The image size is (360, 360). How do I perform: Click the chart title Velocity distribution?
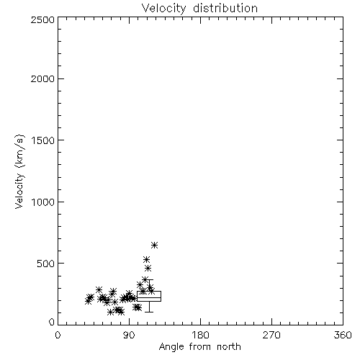(199, 8)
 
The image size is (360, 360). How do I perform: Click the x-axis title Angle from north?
(199, 347)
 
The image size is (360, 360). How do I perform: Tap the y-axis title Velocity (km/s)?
(19, 171)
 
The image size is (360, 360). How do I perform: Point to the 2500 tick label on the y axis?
(42, 19)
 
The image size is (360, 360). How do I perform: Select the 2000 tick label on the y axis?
(42, 78)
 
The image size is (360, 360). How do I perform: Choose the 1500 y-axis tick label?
(43, 140)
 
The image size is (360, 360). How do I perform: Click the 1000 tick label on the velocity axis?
(43, 202)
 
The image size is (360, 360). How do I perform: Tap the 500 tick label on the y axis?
(46, 264)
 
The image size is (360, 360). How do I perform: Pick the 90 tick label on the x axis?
(129, 335)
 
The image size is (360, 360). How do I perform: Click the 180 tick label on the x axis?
(200, 335)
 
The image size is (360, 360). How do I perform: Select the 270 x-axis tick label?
(271, 335)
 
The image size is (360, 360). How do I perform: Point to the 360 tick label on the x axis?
(343, 335)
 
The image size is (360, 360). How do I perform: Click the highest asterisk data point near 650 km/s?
(154, 245)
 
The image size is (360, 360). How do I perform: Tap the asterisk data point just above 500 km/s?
(146, 259)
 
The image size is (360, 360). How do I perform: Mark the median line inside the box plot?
(149, 297)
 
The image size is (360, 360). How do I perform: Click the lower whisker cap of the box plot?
(149, 312)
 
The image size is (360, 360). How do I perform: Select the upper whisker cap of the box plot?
(149, 279)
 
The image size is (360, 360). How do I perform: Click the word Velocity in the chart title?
(163, 9)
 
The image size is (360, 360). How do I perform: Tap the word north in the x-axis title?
(229, 347)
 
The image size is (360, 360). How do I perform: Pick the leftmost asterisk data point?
(88, 301)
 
